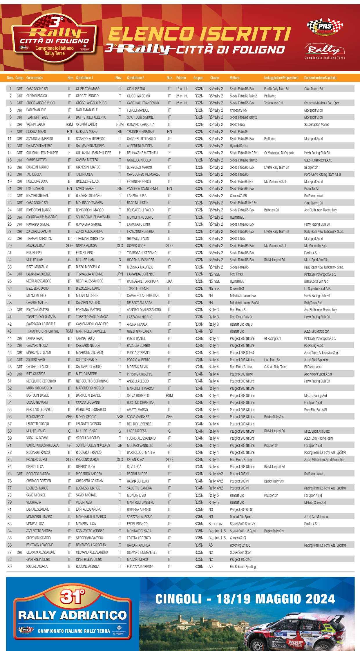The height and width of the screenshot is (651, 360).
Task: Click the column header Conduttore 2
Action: tap(135, 78)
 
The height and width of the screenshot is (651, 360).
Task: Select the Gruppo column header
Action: tap(198, 78)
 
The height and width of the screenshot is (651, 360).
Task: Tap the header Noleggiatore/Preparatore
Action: tap(281, 78)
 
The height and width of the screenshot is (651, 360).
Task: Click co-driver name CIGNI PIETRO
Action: tap(136, 89)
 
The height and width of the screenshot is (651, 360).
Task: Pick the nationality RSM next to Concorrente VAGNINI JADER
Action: tap(69, 124)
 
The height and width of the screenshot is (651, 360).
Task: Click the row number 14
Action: tap(10, 153)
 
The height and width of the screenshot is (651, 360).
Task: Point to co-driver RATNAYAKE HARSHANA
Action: tap(142, 281)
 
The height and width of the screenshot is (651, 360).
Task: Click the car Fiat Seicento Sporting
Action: tap(243, 567)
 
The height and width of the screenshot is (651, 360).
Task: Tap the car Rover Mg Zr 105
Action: tap(240, 545)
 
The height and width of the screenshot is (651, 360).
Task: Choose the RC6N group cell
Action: tap(199, 567)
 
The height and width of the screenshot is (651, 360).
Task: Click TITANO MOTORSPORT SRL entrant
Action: tap(42, 331)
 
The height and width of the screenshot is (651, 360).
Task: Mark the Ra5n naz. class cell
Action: tap(216, 524)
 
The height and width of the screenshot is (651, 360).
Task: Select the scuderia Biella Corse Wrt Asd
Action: tap(316, 281)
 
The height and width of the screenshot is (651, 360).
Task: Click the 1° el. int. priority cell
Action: tap(182, 89)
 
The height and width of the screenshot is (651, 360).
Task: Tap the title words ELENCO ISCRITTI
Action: tap(200, 34)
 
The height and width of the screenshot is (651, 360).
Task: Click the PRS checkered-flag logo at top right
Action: tap(325, 27)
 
